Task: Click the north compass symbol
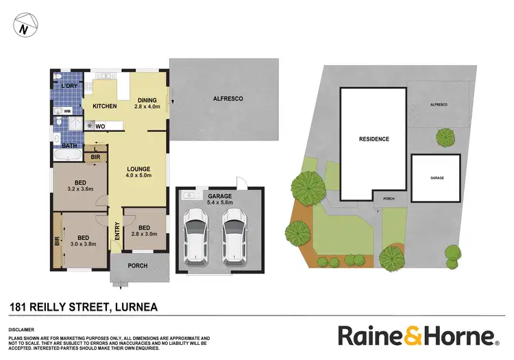pos(25,29)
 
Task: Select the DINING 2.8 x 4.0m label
pos(147,103)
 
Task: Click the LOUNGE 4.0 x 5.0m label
pos(138,171)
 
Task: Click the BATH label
pos(69,145)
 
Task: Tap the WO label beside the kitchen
pos(100,126)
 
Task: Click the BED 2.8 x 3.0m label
pos(144,231)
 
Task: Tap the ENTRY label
pos(117,233)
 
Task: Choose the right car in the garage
pos(233,233)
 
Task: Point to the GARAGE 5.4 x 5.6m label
pos(220,199)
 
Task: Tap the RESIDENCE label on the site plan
pos(374,139)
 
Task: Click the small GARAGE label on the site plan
pos(437,178)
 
